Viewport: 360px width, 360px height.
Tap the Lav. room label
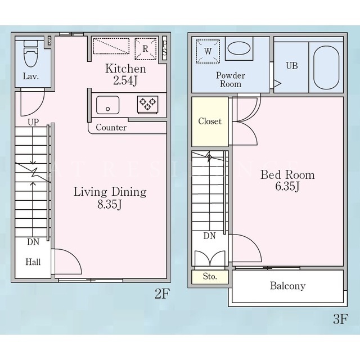(x=30, y=76)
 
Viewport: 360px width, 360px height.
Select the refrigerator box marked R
(x=146, y=49)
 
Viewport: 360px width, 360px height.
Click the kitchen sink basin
(x=107, y=105)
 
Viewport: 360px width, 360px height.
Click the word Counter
(x=111, y=128)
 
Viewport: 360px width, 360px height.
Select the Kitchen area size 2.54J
(x=125, y=80)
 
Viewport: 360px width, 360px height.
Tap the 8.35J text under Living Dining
(x=109, y=204)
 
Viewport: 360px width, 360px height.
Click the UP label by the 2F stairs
(x=33, y=122)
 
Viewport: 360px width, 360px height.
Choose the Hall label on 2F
(x=33, y=262)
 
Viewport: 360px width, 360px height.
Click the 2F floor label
(x=162, y=294)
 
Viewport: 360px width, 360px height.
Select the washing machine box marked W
(x=208, y=51)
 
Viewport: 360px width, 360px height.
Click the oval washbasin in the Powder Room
(x=239, y=48)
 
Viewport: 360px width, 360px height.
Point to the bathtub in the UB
(x=326, y=67)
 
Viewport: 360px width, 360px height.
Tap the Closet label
(x=210, y=121)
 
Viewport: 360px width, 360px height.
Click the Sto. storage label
(x=210, y=276)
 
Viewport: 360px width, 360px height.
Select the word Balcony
(x=287, y=286)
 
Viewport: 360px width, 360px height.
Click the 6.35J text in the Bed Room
(x=287, y=186)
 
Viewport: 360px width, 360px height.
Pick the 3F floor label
(x=341, y=319)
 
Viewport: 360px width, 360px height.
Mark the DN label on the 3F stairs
(x=209, y=236)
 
